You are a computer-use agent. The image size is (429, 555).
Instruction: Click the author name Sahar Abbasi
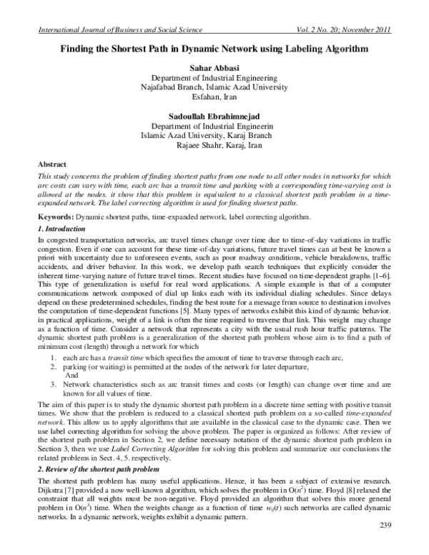coord(214,67)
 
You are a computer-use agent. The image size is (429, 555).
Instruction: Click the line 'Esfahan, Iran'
coord(214,96)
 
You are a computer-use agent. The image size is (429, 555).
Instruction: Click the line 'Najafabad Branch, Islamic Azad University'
coord(214,86)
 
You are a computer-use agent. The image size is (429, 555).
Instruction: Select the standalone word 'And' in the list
coord(71,375)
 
